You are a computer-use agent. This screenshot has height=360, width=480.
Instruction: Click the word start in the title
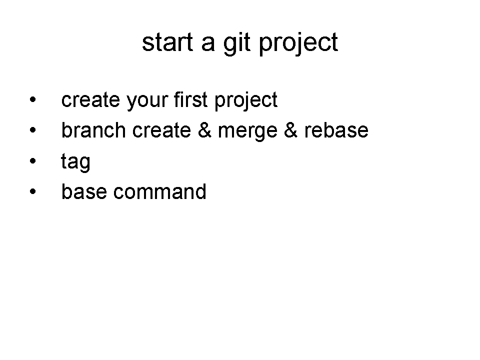click(167, 42)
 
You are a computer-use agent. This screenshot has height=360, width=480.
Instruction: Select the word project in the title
click(298, 43)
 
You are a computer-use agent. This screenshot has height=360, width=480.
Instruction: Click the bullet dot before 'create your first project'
click(33, 99)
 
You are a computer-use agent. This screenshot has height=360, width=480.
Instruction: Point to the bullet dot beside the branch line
click(33, 130)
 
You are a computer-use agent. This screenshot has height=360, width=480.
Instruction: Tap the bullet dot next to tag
click(33, 160)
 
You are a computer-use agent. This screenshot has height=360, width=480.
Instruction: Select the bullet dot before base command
click(33, 191)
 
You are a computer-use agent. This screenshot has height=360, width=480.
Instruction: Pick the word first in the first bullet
click(190, 99)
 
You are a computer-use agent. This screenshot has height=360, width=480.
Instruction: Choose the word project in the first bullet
click(246, 100)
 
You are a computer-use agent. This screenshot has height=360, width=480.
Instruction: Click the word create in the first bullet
click(90, 100)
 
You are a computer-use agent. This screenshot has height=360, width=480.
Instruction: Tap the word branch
click(93, 130)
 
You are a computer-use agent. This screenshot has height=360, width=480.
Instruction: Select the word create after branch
click(161, 131)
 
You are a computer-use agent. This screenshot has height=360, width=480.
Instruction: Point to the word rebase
click(336, 130)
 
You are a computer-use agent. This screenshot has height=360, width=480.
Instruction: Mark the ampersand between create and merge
click(204, 130)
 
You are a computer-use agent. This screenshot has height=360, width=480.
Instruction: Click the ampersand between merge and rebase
click(291, 130)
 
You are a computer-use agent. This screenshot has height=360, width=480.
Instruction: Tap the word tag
click(75, 162)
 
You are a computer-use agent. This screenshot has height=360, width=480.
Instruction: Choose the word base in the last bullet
click(84, 191)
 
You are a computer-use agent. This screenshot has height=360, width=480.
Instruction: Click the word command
click(160, 191)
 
